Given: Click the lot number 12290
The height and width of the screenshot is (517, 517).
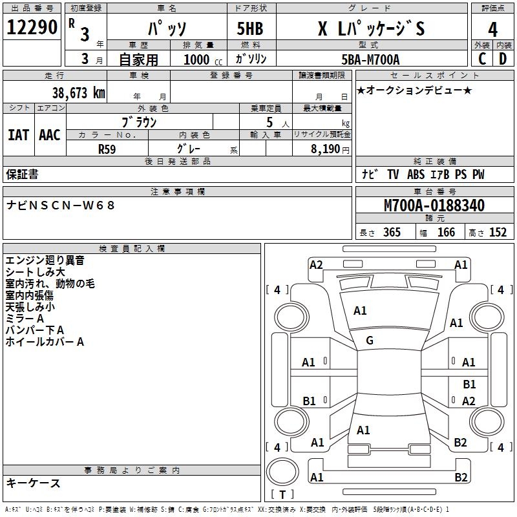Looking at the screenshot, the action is click(32, 28).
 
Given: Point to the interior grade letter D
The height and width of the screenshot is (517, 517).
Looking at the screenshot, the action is click(503, 58).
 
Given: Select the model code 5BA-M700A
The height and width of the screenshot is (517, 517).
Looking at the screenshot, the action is click(370, 59).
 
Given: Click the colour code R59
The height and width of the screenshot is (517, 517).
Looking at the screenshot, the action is click(107, 149).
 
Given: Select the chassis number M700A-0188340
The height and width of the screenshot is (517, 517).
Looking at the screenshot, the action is click(434, 206).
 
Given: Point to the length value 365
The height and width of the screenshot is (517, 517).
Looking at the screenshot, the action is click(392, 232).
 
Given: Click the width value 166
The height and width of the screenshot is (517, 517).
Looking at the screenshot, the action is click(446, 232).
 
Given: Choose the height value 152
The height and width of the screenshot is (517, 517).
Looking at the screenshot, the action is click(498, 232).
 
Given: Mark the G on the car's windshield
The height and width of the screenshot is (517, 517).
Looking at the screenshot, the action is click(370, 341).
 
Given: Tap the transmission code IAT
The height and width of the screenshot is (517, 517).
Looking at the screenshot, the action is click(18, 134).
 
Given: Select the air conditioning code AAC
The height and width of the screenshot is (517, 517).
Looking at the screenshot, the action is click(49, 134).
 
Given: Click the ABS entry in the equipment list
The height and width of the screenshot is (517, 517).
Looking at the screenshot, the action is click(416, 174).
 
